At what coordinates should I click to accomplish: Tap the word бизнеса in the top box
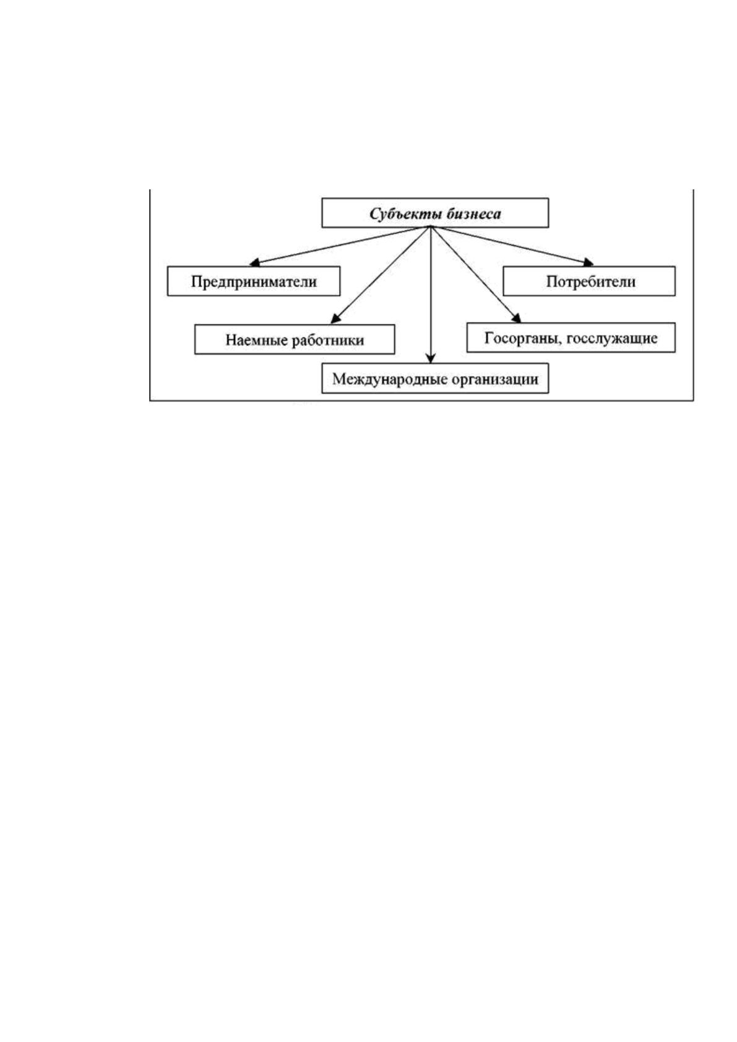pyautogui.click(x=473, y=213)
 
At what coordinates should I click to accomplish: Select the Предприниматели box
pyautogui.click(x=254, y=281)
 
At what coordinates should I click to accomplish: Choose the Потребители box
pyautogui.click(x=589, y=281)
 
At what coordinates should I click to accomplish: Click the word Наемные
pyautogui.click(x=256, y=340)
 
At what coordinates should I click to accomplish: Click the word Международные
pyautogui.click(x=389, y=379)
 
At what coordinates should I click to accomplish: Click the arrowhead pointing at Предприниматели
pyautogui.click(x=254, y=264)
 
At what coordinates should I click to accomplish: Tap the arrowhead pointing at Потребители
pyautogui.click(x=589, y=263)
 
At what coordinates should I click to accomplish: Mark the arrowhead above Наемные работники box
pyautogui.click(x=335, y=319)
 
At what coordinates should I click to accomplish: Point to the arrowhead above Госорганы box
pyautogui.click(x=516, y=317)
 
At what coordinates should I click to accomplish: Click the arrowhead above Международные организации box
pyautogui.click(x=431, y=359)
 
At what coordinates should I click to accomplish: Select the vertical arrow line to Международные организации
pyautogui.click(x=431, y=295)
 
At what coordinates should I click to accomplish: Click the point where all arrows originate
pyautogui.click(x=431, y=226)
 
